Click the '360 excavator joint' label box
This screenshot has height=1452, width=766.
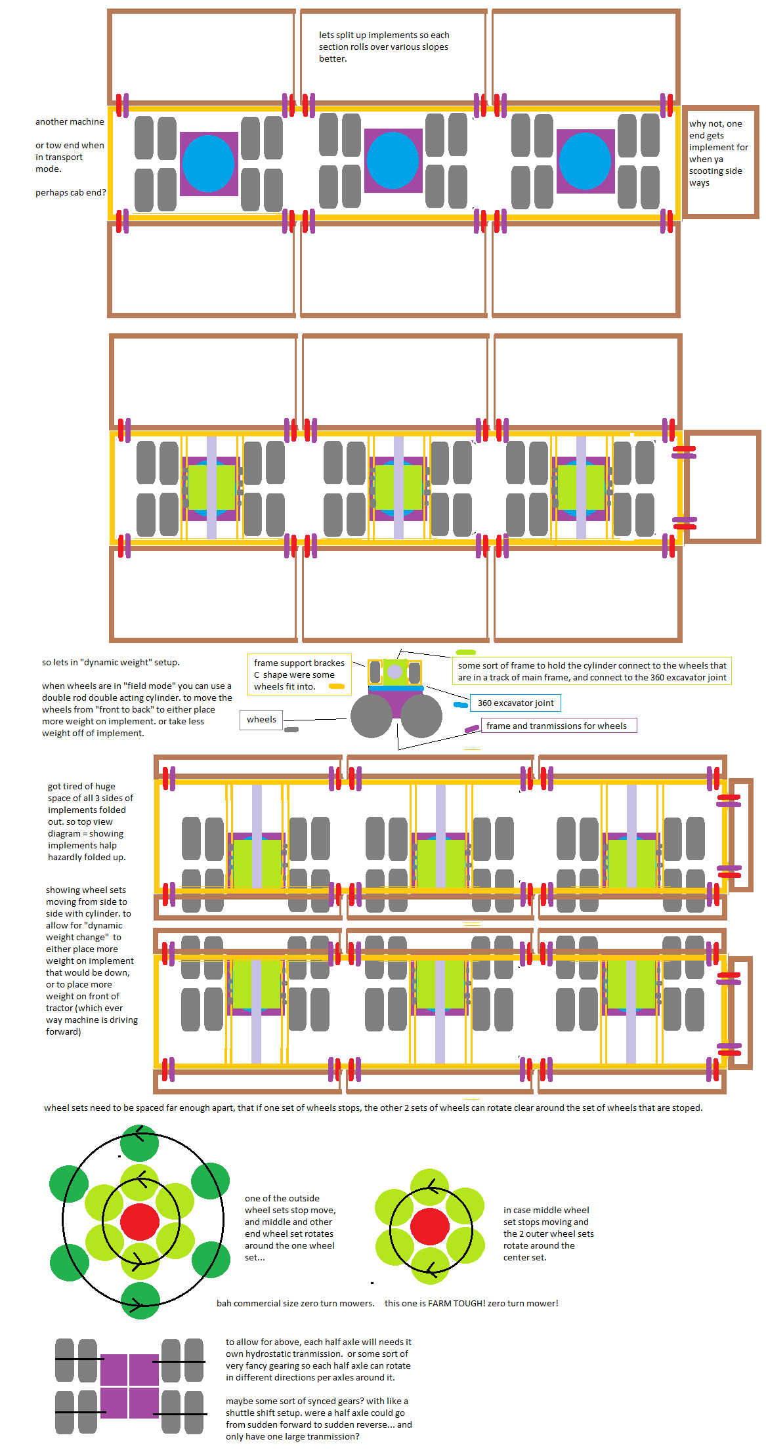(x=515, y=703)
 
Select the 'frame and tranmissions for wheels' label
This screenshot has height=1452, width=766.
(x=557, y=726)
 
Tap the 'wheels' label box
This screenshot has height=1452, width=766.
(x=261, y=720)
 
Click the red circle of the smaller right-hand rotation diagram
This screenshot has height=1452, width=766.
(x=430, y=1226)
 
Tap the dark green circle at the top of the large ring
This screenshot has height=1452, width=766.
(x=140, y=1143)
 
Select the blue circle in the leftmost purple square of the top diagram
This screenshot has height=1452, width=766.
(x=208, y=163)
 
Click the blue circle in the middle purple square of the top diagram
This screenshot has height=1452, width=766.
(x=393, y=160)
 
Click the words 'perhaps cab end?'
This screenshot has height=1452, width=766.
(x=70, y=193)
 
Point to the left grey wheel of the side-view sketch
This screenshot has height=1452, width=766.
(x=372, y=716)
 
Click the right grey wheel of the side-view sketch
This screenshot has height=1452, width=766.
(x=421, y=716)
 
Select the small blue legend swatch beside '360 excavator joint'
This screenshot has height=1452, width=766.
(x=461, y=705)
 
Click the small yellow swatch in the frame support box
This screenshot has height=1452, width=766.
(x=337, y=686)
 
